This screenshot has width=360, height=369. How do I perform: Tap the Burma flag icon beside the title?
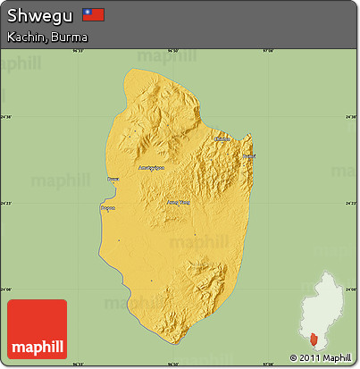coord(93,14)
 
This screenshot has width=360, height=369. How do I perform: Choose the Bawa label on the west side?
coord(113,180)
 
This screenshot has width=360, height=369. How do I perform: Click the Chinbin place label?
coord(222,138)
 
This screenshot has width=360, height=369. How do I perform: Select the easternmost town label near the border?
coord(248,157)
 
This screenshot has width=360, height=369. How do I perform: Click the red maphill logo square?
coord(37,328)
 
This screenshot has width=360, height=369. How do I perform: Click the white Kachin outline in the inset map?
coord(327,299)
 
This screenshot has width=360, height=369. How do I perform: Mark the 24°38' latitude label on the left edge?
coord(7,117)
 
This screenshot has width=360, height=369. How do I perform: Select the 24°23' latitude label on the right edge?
coord(352,203)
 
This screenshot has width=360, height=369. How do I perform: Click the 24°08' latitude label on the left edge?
coord(7,289)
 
